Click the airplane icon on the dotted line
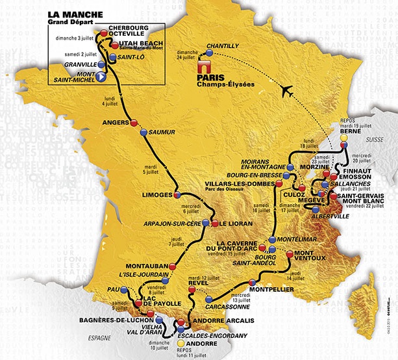point(286,92)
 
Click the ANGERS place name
point(116,122)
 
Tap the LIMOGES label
point(156,195)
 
